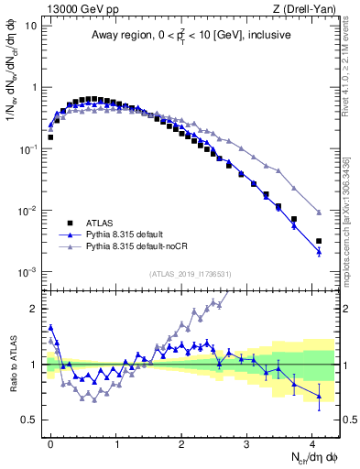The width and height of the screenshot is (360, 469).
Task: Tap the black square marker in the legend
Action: point(68,223)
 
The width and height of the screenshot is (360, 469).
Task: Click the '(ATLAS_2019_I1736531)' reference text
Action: point(191,275)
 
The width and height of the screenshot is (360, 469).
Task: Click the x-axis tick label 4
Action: point(312,442)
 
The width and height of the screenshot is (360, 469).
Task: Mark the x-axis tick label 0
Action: point(51,442)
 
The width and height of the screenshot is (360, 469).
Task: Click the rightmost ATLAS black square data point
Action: point(319,241)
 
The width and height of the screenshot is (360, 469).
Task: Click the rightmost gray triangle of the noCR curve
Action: point(319,213)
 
